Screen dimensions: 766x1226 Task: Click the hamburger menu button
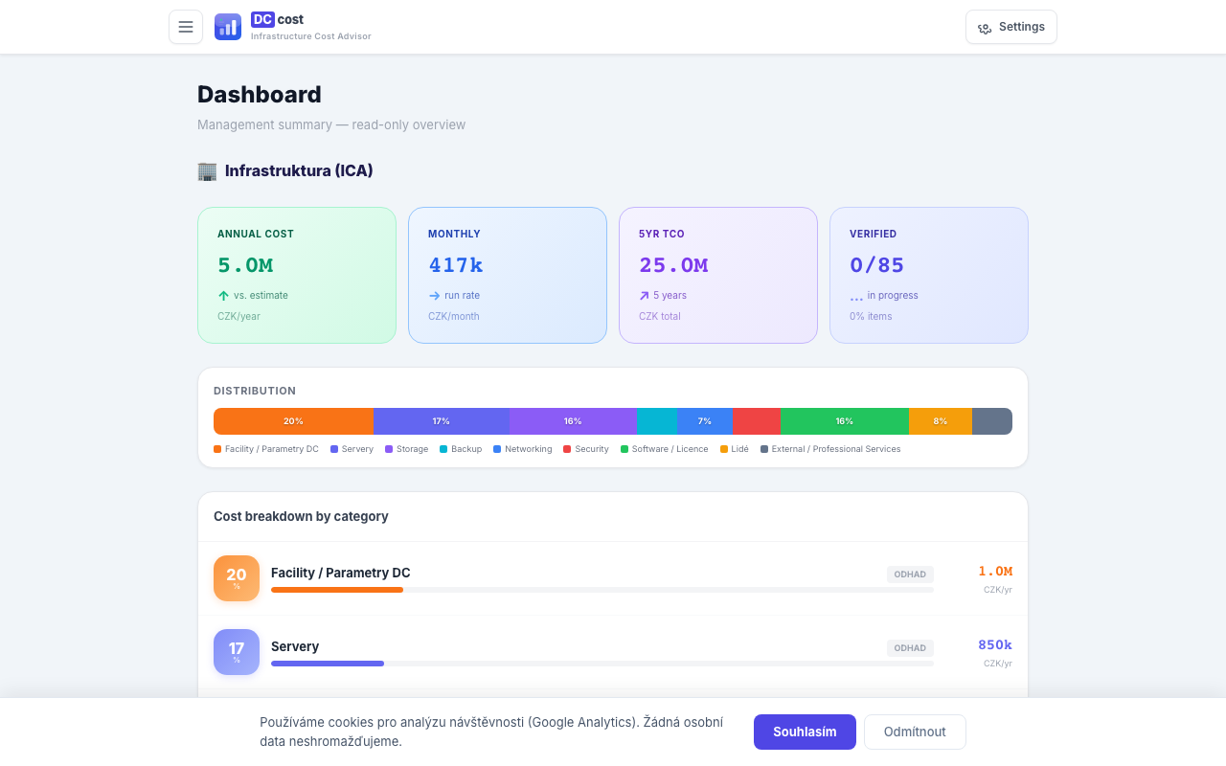186,27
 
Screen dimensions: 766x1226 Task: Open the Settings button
1010,27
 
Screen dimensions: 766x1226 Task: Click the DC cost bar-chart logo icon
228,27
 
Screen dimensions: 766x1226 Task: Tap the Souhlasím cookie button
805,732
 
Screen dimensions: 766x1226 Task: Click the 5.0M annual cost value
245,265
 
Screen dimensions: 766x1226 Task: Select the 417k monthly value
455,265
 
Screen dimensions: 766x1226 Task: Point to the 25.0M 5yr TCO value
673,265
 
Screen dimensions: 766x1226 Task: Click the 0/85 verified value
876,265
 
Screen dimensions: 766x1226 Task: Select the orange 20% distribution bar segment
293,421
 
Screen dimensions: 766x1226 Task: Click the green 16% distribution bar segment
844,421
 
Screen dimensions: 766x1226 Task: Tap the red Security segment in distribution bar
757,421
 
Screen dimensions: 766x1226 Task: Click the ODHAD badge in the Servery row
909,648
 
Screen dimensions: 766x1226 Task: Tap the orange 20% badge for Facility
237,578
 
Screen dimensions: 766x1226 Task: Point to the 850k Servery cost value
994,645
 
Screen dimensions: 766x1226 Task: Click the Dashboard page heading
260,95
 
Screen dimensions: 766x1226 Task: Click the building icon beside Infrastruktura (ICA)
207,171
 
